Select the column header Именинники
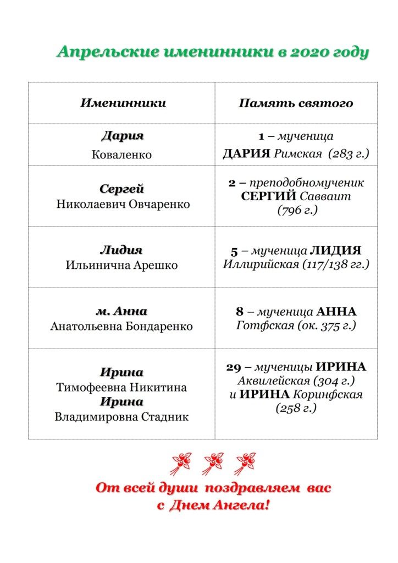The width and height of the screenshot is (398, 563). tap(123, 103)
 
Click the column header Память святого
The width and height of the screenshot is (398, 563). tap(296, 103)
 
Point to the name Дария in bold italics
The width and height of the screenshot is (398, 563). tap(122, 136)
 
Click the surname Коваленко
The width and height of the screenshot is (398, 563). tap(121, 155)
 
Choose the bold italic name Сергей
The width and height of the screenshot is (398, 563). tap(122, 189)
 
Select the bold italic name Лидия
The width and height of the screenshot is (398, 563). tap(121, 250)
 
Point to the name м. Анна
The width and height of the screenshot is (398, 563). tap(121, 311)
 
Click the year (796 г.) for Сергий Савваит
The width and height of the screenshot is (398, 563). tap(297, 209)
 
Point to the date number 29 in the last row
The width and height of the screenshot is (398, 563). tap(233, 367)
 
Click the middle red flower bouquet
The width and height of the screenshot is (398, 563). tap(213, 463)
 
